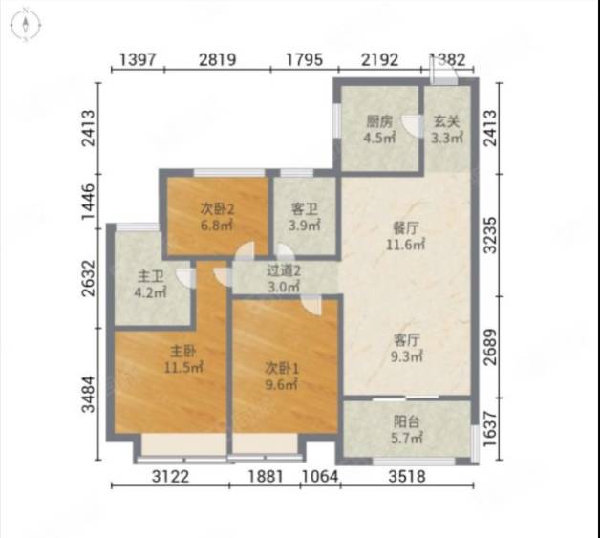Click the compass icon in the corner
25,26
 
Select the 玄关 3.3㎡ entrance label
447,130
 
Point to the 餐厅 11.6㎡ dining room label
405,236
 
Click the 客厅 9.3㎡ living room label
406,348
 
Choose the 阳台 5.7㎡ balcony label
406,430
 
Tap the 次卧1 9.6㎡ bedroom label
282,377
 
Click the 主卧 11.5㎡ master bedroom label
183,359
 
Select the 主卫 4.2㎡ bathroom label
150,284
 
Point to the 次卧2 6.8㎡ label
217,217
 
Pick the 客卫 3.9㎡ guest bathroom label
305,217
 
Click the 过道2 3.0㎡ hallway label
283,278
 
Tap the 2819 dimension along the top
217,59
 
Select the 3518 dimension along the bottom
407,477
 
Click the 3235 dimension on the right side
490,235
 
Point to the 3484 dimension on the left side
89,394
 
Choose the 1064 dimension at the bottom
320,477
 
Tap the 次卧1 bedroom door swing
311,306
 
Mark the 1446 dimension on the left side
89,202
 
